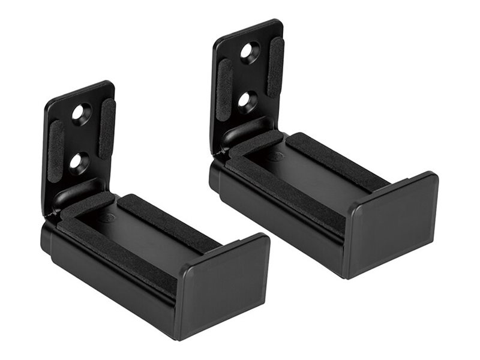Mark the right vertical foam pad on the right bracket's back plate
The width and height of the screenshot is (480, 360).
pyautogui.click(x=275, y=67)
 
